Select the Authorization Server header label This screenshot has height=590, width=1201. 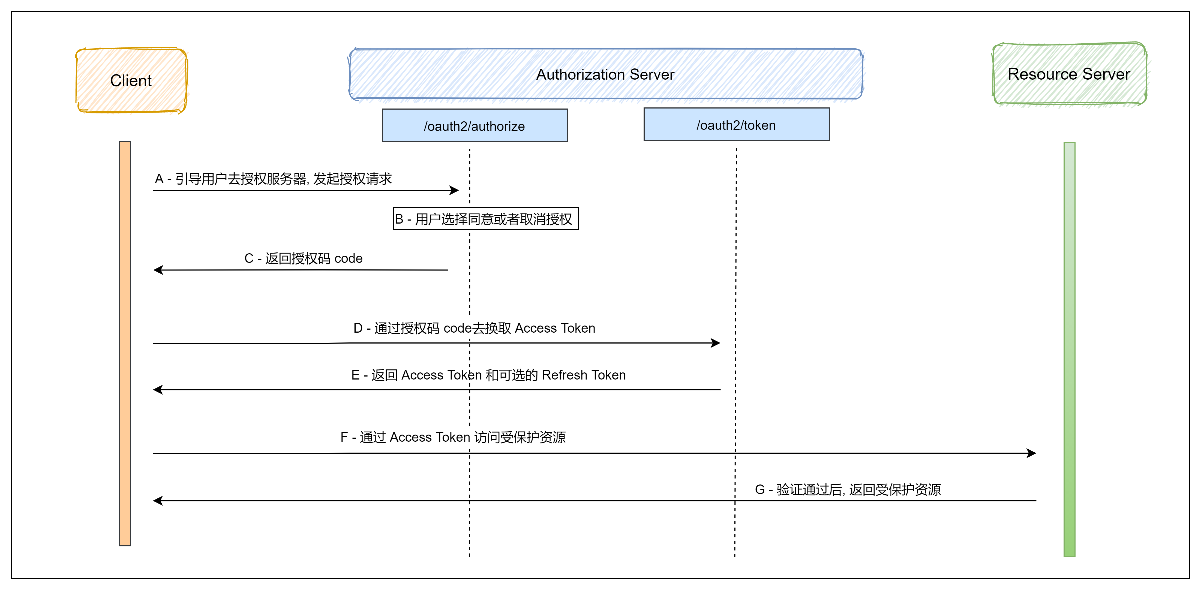pyautogui.click(x=605, y=74)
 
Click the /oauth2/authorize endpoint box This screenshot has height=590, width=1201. pyautogui.click(x=475, y=126)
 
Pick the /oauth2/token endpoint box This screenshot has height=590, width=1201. pyautogui.click(x=736, y=125)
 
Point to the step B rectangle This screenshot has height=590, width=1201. pyautogui.click(x=485, y=219)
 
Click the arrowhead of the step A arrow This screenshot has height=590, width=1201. pyautogui.click(x=455, y=190)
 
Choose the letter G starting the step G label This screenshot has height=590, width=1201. pyautogui.click(x=760, y=490)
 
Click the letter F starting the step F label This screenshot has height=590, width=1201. pyautogui.click(x=344, y=437)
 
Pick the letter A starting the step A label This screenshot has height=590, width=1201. pyautogui.click(x=159, y=179)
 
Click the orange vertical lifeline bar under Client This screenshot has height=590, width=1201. pyautogui.click(x=125, y=344)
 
